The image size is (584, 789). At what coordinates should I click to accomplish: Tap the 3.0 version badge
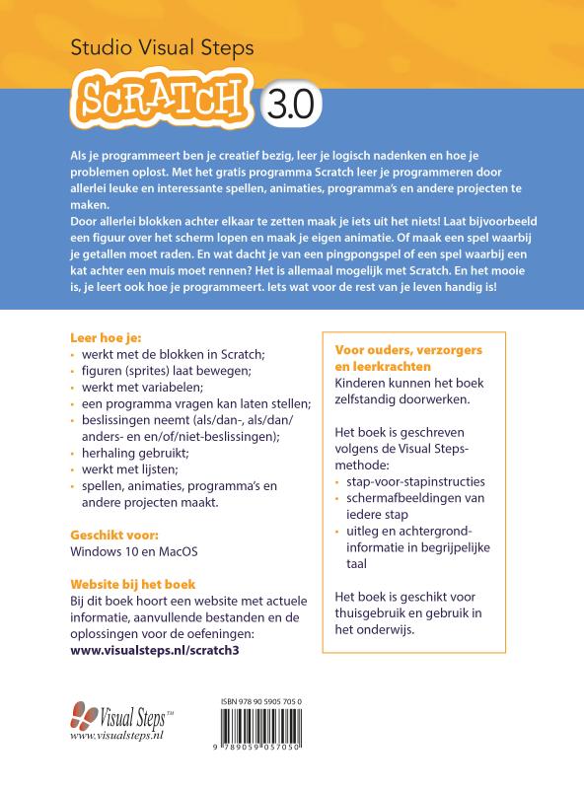click(x=288, y=102)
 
